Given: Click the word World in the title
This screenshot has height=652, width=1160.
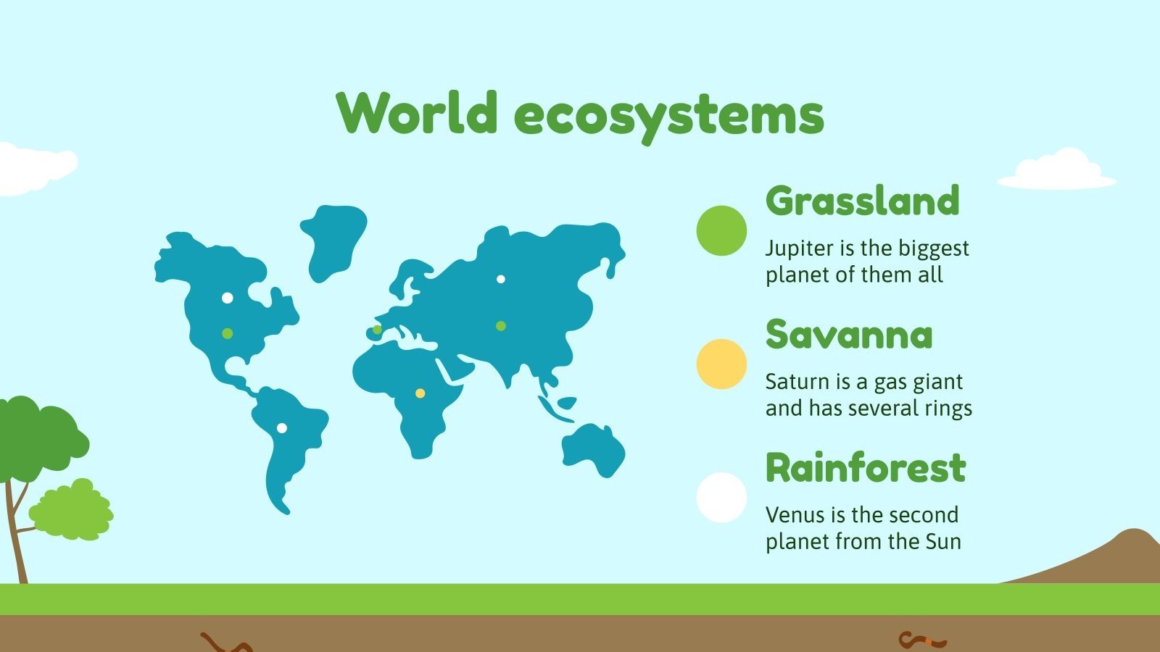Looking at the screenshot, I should point(417,114).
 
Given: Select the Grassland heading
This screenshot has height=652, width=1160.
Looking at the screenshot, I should point(862,201).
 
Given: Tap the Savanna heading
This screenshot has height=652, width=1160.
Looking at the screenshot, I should point(849,335).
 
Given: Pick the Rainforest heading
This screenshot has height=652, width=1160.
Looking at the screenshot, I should point(866,468).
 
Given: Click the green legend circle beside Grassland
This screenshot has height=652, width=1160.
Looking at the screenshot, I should point(721,230).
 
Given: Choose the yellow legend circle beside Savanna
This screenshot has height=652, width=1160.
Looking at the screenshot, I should point(721,364).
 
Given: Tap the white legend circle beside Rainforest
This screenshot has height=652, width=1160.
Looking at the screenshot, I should point(721,498).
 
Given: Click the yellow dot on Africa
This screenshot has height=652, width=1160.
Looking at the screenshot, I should point(420,393).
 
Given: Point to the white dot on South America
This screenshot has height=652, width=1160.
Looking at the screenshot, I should point(282,428).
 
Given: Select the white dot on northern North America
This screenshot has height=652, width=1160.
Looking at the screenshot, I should point(228,298).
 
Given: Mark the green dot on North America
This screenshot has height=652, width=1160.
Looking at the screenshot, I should point(228,333).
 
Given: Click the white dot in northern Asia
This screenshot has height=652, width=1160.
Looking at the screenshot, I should point(500,279).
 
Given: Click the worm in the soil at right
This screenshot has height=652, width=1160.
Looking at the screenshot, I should point(922,640).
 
